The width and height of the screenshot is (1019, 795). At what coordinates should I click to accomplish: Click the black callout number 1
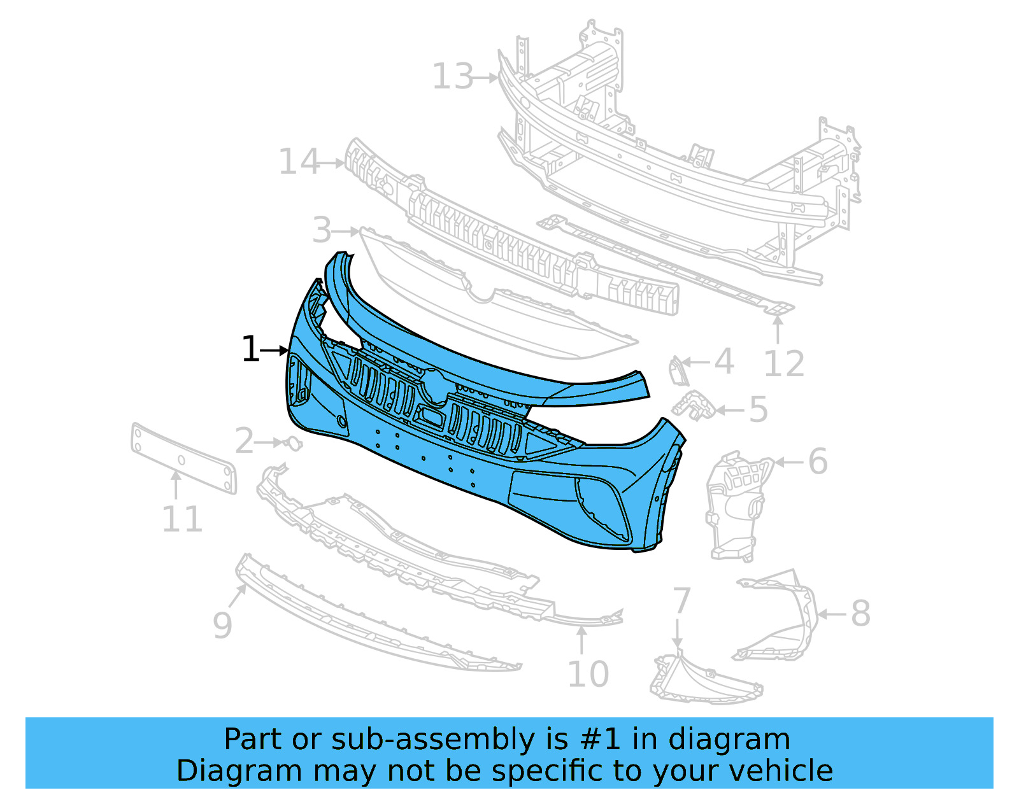(x=250, y=349)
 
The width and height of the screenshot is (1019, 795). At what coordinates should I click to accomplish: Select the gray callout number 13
(x=453, y=77)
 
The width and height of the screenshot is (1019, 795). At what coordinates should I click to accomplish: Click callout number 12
(x=783, y=364)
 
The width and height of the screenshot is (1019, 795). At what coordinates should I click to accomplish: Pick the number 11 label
(x=182, y=519)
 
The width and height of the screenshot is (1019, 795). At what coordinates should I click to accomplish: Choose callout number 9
(x=222, y=625)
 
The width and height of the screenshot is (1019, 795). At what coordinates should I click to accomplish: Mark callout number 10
(x=587, y=674)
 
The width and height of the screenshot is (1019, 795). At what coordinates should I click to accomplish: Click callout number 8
(x=860, y=614)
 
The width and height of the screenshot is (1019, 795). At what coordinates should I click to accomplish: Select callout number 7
(x=681, y=600)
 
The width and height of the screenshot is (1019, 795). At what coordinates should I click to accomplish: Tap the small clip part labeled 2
(x=294, y=442)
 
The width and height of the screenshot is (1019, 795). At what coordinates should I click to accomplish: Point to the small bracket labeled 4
(x=676, y=371)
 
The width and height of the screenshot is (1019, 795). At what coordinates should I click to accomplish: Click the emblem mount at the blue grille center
(x=434, y=386)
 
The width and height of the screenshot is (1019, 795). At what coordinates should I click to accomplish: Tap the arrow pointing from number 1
(x=275, y=350)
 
